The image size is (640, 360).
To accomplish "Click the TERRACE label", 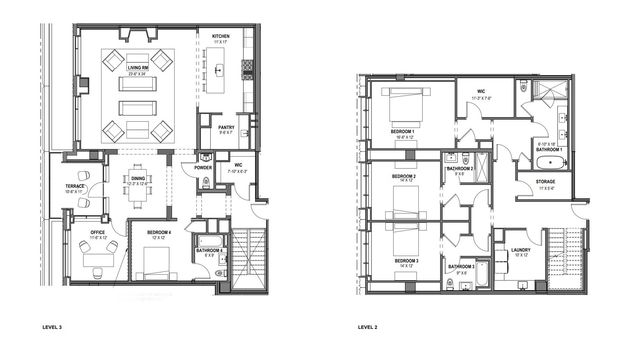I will pos(77,188).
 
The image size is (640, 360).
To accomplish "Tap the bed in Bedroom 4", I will pos(158,264).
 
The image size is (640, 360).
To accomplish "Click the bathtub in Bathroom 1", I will pos(547,163).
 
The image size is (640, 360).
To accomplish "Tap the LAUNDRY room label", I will pos(520,250).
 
